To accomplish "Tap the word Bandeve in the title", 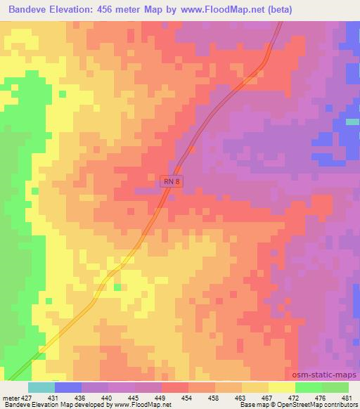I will [30, 10].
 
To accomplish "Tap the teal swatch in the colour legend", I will [41, 387].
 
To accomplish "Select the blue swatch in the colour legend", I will [67, 387].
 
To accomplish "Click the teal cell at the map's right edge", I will [353, 122].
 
